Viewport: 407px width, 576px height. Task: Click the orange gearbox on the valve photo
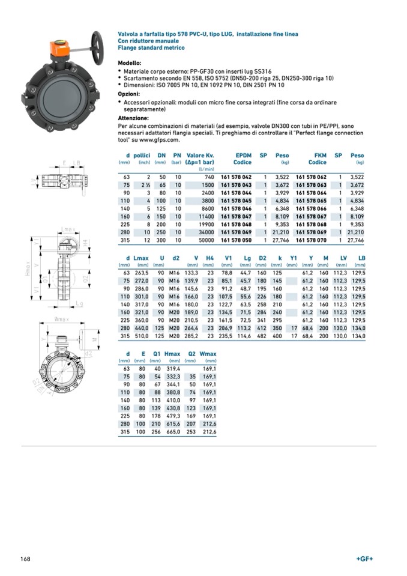(61, 47)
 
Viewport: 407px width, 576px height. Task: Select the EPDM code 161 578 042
(236, 177)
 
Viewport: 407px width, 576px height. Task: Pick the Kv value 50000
(205, 240)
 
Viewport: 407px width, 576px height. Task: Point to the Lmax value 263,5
(141, 272)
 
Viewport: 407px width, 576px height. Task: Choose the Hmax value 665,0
(172, 431)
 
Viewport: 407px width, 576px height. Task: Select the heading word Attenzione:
(134, 119)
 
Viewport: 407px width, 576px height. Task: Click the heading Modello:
(130, 62)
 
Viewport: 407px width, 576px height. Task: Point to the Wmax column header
(208, 354)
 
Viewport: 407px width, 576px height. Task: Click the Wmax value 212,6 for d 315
(209, 431)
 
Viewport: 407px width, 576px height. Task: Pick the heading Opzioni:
(129, 94)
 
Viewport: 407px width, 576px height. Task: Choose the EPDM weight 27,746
(280, 240)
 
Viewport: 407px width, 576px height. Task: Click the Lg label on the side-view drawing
(79, 305)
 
